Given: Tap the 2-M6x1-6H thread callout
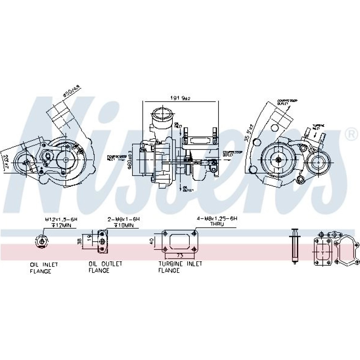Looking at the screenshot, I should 123,219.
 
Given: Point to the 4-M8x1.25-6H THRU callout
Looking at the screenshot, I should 217,219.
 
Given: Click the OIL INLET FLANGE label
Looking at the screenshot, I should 44,267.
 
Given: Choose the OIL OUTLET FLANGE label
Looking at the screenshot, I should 105,267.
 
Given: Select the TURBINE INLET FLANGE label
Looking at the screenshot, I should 180,267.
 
